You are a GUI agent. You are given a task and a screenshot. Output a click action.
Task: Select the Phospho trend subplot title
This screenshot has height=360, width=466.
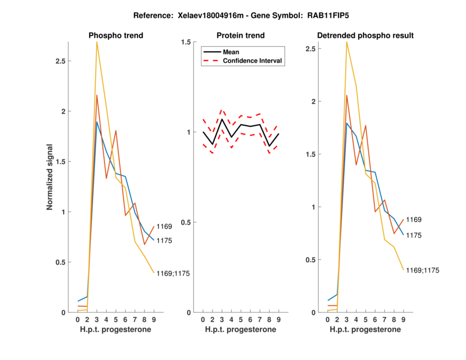[116, 36]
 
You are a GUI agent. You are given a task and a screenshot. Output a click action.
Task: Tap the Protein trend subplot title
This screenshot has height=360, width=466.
[241, 36]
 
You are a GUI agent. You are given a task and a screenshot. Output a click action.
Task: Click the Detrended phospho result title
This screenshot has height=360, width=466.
[365, 36]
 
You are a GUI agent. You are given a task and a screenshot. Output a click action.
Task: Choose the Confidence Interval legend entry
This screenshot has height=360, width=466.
[253, 61]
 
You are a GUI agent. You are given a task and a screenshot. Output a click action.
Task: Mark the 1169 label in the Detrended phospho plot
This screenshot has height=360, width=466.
[414, 220]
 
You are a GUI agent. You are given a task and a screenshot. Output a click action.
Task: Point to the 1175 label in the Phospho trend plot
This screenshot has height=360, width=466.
[164, 240]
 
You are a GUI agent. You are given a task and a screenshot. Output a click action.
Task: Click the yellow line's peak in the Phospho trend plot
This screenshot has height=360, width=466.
[97, 43]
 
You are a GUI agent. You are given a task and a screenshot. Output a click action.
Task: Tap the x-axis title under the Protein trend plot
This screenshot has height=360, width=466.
[241, 330]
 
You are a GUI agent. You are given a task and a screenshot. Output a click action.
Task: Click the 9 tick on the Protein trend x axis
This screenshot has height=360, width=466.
[279, 319]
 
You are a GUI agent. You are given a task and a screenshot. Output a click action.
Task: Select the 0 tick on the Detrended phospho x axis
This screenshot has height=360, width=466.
[328, 319]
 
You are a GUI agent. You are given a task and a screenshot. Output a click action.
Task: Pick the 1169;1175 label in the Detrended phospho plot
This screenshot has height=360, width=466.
[423, 270]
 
